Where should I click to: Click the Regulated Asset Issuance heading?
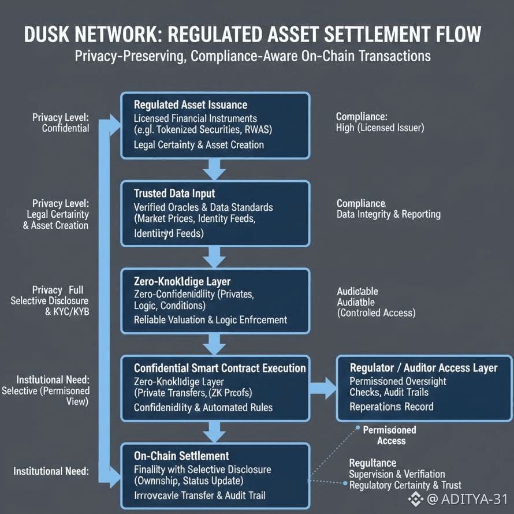(x=190, y=105)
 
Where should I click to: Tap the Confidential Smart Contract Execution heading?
(x=219, y=368)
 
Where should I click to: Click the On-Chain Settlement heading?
(x=181, y=456)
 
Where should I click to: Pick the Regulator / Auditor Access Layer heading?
(x=423, y=368)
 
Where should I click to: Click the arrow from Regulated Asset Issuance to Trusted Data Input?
(x=215, y=168)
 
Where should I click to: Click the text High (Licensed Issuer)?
(x=379, y=128)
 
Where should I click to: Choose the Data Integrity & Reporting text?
(x=388, y=214)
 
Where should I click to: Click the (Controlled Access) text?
(x=375, y=312)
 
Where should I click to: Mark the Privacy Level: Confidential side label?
(x=61, y=122)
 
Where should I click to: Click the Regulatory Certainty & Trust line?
(x=405, y=485)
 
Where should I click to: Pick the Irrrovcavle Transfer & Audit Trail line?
(x=199, y=495)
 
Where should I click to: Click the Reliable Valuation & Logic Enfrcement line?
(x=210, y=319)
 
